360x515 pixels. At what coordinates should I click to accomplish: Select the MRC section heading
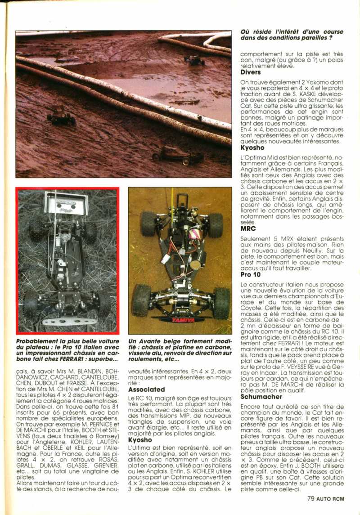tap(248, 228)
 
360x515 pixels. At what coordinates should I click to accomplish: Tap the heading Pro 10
tap(250, 274)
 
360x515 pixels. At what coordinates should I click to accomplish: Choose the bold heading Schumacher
tap(261, 397)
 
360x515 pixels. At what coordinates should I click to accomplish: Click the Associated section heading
tap(147, 389)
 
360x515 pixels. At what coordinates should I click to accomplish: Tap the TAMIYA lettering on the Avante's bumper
tap(183, 320)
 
